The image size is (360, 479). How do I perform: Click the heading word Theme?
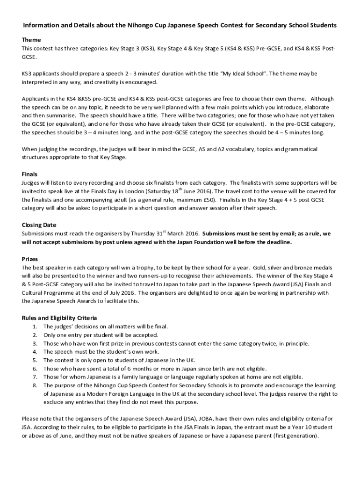pyautogui.click(x=31, y=40)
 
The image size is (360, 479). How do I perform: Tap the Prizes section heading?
pyautogui.click(x=30, y=259)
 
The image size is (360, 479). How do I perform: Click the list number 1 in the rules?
pyautogui.click(x=35, y=327)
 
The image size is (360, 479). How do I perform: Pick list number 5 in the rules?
pyautogui.click(x=35, y=360)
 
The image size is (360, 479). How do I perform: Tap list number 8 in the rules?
pyautogui.click(x=35, y=385)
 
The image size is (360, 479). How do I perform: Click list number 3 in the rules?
pyautogui.click(x=35, y=343)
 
